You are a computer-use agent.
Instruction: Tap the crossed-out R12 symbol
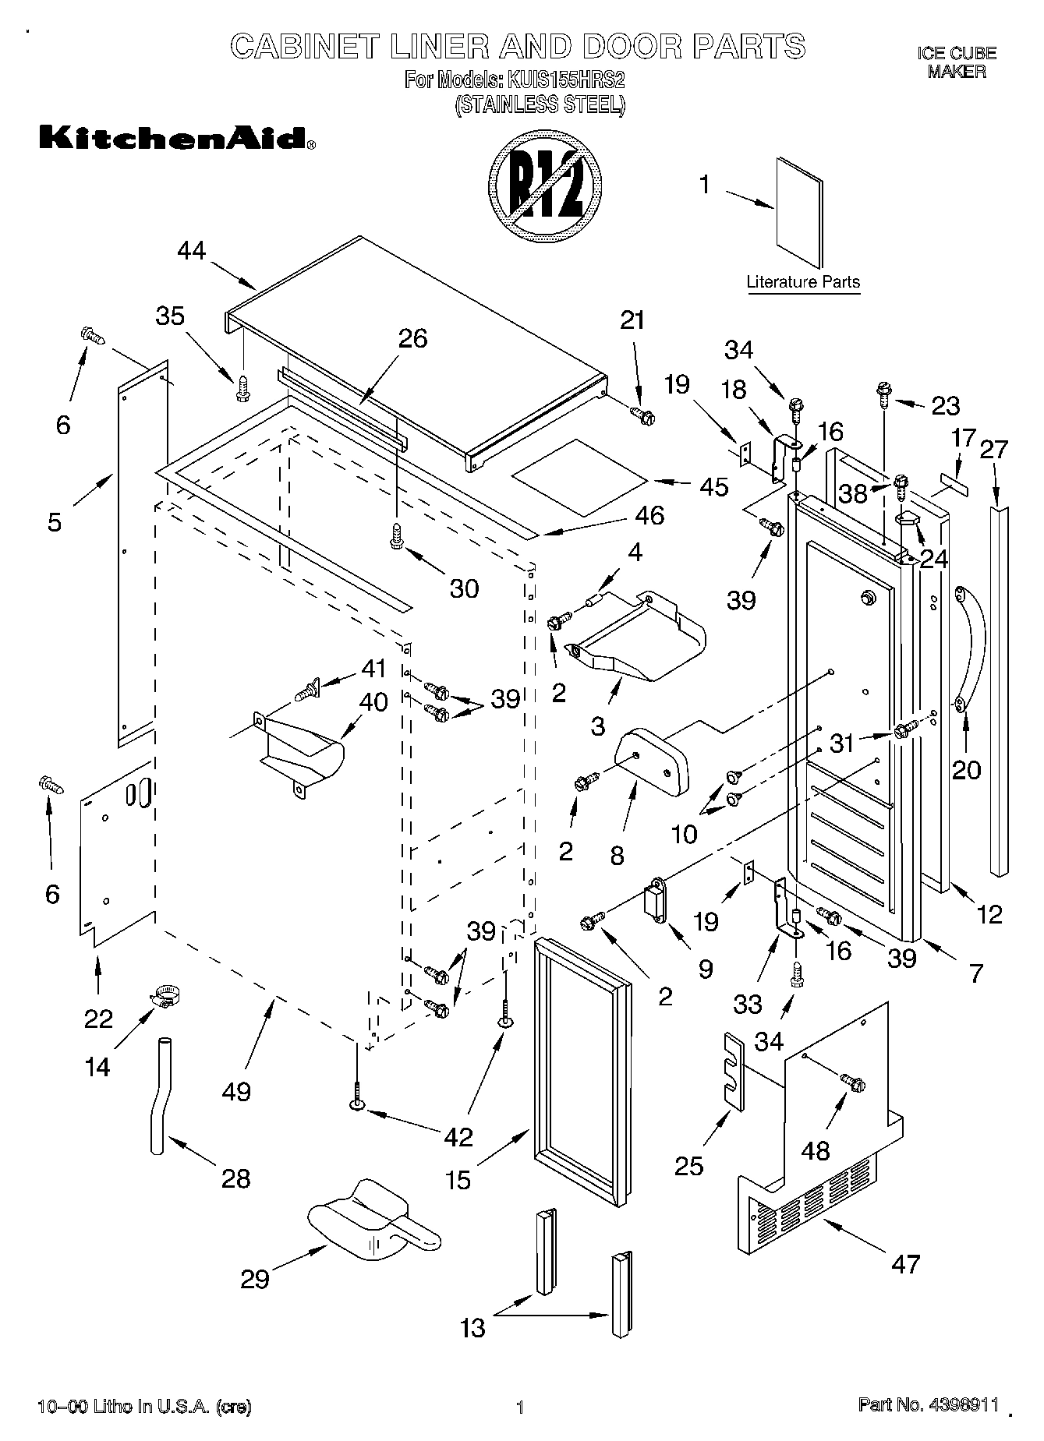545,189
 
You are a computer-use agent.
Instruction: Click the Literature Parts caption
802,282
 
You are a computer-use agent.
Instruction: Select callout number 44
191,250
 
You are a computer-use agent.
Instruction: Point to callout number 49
236,1091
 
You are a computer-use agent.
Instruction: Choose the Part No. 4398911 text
928,1404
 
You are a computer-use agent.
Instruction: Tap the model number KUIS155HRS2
567,80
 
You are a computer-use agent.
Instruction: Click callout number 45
714,486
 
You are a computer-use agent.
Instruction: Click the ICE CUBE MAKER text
956,62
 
